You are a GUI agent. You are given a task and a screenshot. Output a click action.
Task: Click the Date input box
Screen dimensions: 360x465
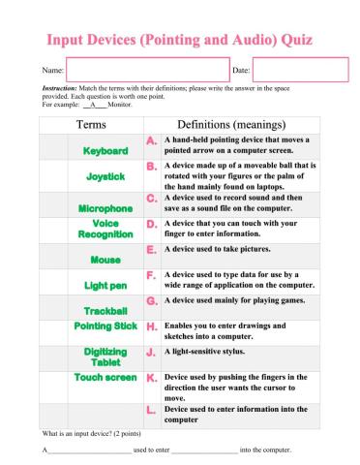(x=299, y=71)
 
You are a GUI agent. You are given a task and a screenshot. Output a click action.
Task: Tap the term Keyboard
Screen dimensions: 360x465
(x=105, y=152)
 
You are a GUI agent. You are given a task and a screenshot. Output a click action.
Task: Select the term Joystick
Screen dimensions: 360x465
(x=105, y=177)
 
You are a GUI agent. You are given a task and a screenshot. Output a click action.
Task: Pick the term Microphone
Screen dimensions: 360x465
(x=105, y=208)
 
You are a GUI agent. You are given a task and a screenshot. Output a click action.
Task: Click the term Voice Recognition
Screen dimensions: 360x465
(x=105, y=230)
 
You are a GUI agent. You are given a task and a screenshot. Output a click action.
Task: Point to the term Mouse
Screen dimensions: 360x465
(x=105, y=260)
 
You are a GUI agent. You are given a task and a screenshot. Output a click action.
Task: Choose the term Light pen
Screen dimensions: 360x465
(x=105, y=286)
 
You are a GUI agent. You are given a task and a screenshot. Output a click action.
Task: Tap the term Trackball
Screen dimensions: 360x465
(x=105, y=311)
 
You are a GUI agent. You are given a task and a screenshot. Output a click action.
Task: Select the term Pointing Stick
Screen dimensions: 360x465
(x=105, y=327)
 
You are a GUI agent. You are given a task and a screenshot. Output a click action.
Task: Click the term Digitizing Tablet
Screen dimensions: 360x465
(x=105, y=357)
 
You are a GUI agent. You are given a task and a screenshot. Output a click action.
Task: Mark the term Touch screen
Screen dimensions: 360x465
(x=105, y=377)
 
